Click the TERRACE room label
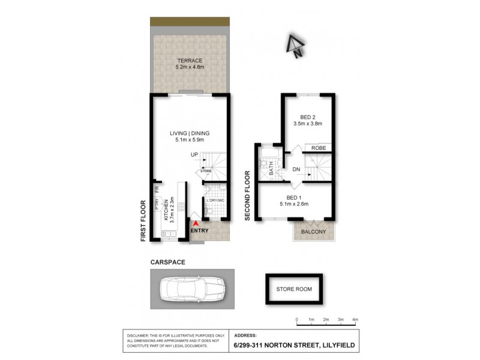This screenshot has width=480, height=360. [x=189, y=61]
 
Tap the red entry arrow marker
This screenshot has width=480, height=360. [x=195, y=223]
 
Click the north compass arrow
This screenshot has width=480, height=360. [x=295, y=44]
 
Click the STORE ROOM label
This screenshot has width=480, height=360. [x=294, y=289]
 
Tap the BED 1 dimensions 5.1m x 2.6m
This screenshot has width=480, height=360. [x=293, y=204]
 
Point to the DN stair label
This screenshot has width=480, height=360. [x=296, y=170]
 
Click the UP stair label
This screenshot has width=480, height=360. [x=194, y=155]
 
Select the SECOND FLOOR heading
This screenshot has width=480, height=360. [x=247, y=195]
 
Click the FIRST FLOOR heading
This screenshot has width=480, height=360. [x=143, y=220]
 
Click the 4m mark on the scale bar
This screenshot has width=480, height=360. [x=355, y=319]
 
